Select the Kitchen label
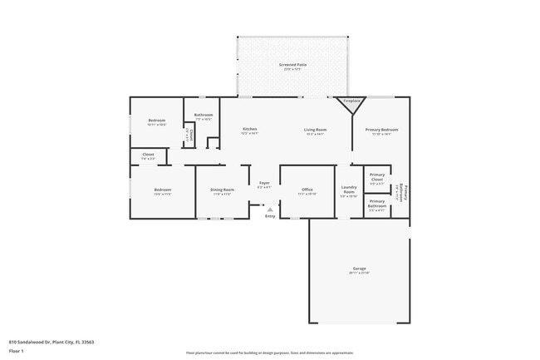click(x=249, y=129)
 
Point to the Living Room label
click(x=314, y=129)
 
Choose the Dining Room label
click(x=222, y=190)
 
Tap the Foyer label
click(x=264, y=183)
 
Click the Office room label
click(x=307, y=190)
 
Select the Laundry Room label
click(x=349, y=189)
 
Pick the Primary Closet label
click(x=376, y=178)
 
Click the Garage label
click(x=359, y=269)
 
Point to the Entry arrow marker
click(x=270, y=210)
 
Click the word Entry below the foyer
click(x=270, y=217)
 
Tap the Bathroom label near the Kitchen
click(x=204, y=115)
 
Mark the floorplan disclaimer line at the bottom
click(x=270, y=353)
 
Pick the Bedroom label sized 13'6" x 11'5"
click(x=162, y=190)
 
